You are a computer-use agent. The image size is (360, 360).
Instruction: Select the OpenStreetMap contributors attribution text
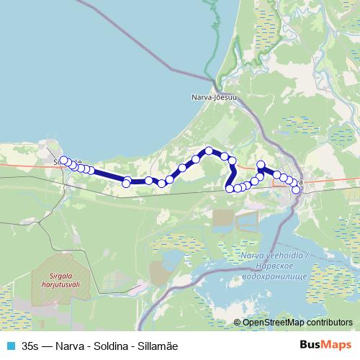coord(297,323)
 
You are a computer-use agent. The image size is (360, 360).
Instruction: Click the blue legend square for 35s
coord(9,346)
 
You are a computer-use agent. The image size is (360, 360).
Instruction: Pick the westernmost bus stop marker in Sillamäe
coord(63,160)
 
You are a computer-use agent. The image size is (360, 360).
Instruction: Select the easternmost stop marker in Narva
coord(296,190)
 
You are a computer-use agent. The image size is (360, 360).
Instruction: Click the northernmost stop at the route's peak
coord(209,150)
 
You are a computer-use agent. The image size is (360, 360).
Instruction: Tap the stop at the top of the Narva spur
coord(261,165)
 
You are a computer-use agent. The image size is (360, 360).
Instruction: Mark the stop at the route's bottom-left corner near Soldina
coord(230,189)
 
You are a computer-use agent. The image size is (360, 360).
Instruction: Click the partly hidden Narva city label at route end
coord(300,181)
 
